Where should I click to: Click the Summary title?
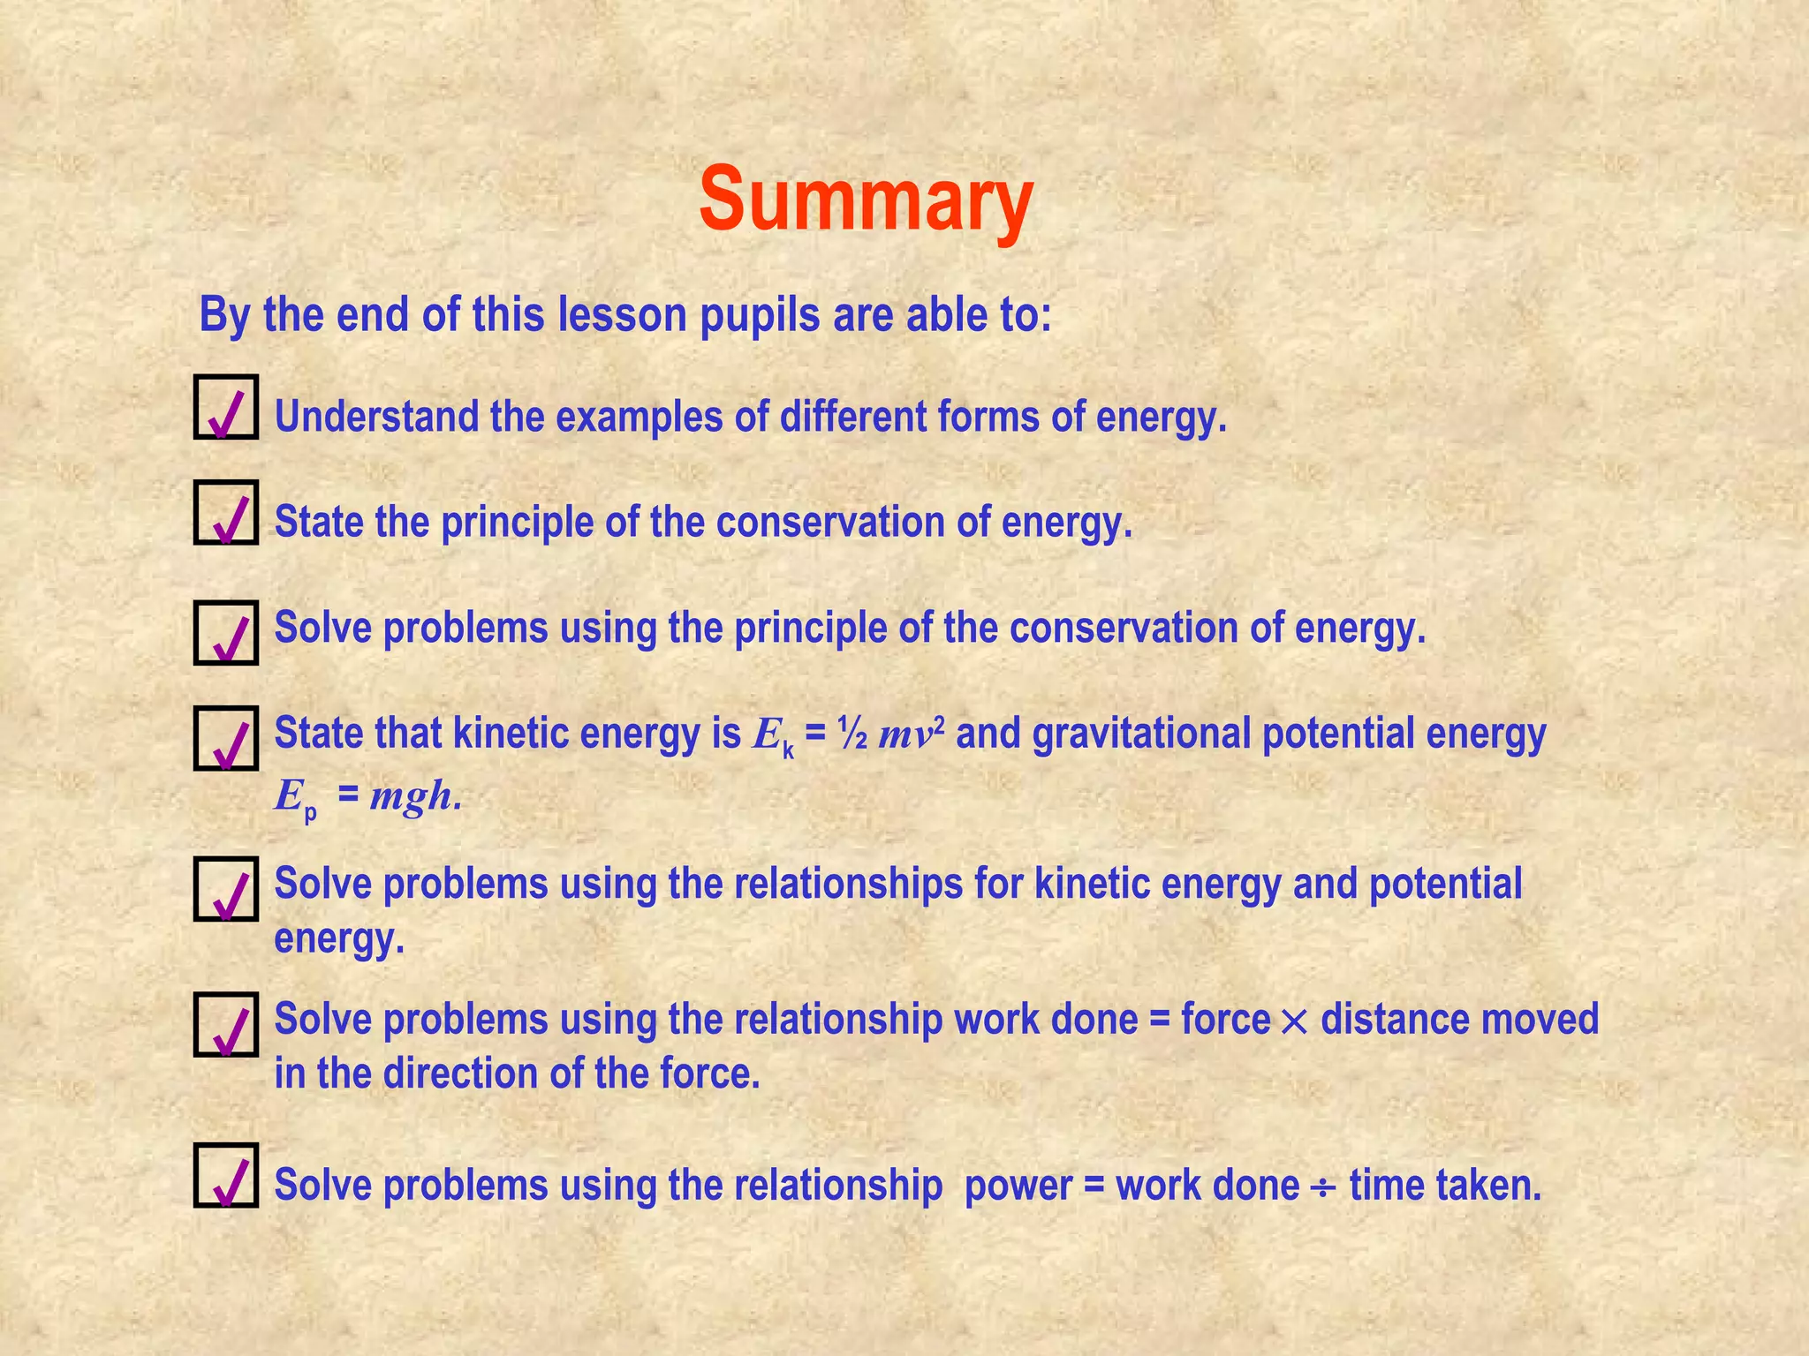[866, 200]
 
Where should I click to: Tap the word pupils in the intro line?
[760, 315]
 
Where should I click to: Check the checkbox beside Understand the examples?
[226, 407]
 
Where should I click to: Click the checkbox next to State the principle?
[226, 512]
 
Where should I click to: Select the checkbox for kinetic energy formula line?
[226, 738]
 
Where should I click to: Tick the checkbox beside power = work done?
[226, 1175]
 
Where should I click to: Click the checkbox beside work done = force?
[226, 1024]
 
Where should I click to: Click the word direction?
[460, 1074]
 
